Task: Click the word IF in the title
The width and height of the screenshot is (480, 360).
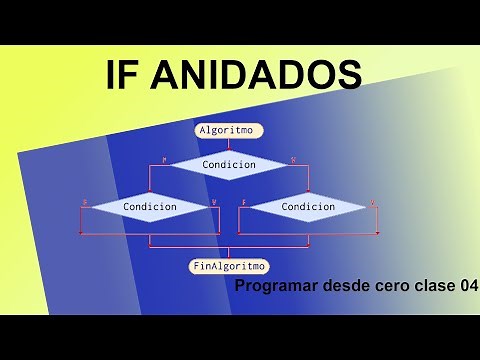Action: (127, 74)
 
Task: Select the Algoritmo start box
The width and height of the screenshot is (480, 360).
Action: (230, 131)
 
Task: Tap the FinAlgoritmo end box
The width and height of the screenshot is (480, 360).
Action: (229, 266)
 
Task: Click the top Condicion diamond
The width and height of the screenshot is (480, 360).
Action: (229, 164)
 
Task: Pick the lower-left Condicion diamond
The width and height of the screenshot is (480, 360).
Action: (150, 207)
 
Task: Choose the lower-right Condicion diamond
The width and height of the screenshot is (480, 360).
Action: (308, 207)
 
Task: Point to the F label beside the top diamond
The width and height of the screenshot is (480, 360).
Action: (163, 159)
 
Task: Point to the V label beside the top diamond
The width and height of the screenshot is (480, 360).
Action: (293, 159)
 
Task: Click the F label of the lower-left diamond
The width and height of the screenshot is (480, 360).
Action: (85, 202)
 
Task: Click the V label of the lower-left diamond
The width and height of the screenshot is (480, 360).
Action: (214, 202)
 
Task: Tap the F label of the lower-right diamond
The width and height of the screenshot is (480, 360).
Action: (244, 202)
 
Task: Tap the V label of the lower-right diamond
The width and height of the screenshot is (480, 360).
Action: (373, 202)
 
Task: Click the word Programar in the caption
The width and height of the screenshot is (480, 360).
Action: (273, 287)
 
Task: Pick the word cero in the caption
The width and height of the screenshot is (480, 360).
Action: (387, 287)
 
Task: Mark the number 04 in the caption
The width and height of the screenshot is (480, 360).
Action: (468, 287)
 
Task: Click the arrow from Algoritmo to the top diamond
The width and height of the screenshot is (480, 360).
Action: (229, 145)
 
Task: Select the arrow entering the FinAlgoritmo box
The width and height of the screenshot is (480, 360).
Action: (229, 254)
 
